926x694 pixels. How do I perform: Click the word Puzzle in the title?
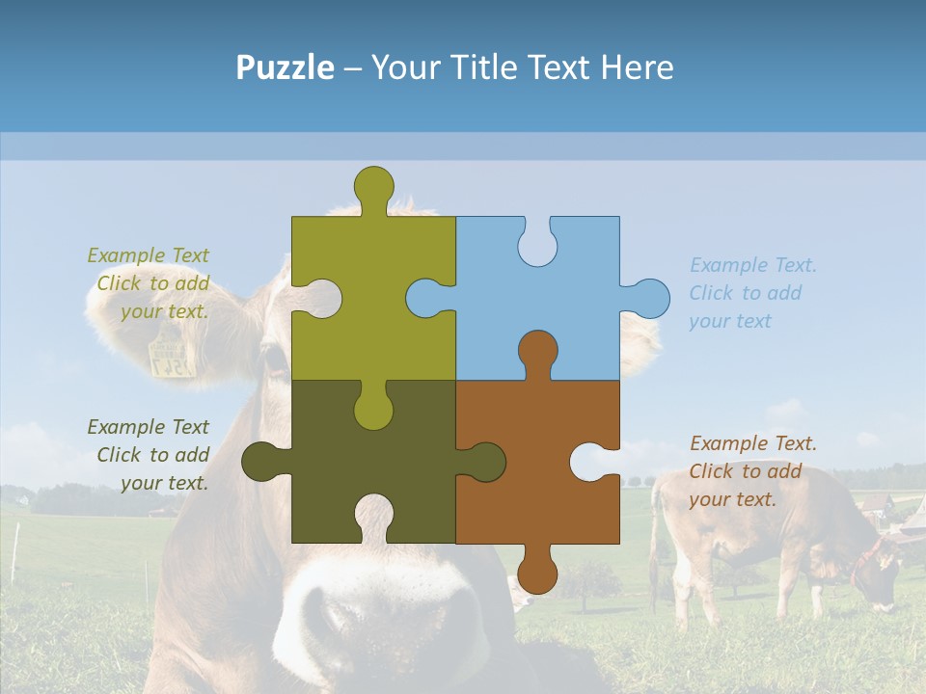point(285,67)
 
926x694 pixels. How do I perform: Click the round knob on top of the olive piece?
point(374,184)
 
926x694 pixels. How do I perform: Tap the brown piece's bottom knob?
point(537,573)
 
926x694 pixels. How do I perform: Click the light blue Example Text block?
point(752,293)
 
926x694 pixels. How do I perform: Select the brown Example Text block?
point(752,471)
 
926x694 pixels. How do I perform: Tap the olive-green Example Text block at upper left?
point(149,283)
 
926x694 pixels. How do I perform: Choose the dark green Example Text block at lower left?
point(149,455)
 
